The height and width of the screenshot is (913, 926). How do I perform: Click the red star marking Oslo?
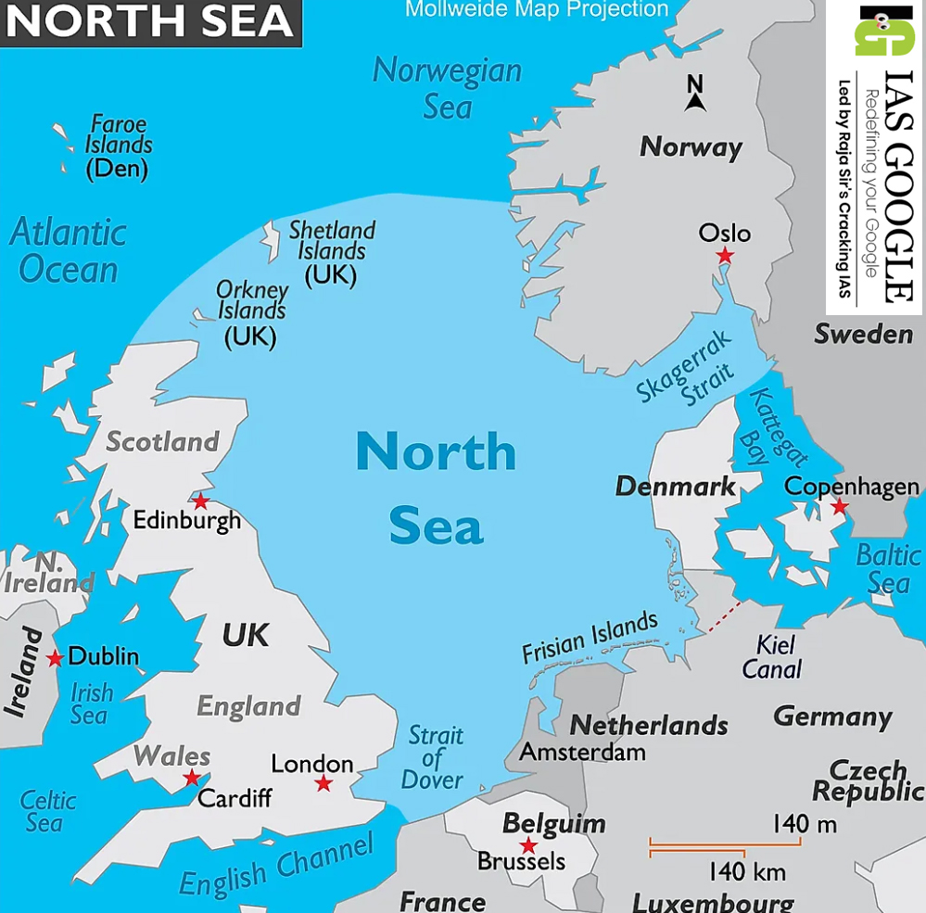click(725, 255)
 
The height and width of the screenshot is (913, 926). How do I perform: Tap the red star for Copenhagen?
click(839, 506)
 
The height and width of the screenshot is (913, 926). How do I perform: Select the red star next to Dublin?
click(56, 658)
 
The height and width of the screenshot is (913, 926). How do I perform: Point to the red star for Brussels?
click(528, 845)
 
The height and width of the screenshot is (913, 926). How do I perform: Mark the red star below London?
click(323, 783)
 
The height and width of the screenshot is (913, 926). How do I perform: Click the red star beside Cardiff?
click(192, 778)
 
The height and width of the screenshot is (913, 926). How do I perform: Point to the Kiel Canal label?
click(772, 656)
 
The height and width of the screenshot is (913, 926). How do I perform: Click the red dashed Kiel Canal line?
click(724, 616)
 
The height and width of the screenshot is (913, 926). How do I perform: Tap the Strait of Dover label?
click(434, 757)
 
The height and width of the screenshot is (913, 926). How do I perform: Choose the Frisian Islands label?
click(590, 637)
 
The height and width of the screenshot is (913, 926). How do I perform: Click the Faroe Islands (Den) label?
click(118, 146)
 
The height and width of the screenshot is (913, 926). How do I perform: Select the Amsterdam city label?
click(582, 751)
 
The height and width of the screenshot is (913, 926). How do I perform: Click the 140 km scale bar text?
click(747, 871)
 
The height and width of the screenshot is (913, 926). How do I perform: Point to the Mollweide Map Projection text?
click(537, 10)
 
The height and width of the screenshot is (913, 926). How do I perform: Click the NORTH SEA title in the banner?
click(149, 20)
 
